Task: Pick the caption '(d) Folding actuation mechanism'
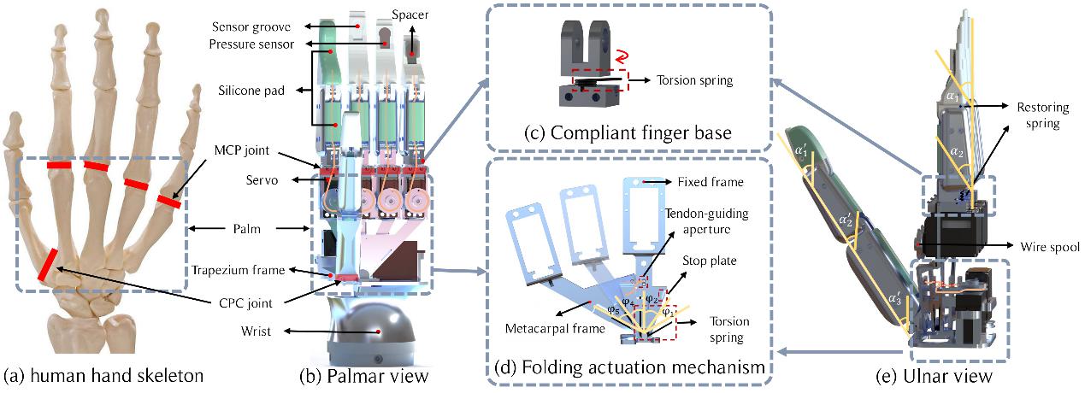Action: pyautogui.click(x=628, y=368)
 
